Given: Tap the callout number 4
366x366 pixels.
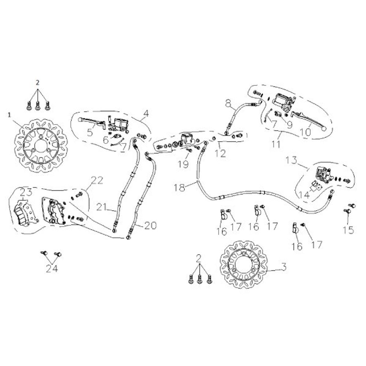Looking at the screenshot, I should click(146, 114).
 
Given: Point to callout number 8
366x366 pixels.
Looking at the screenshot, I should click(228, 104).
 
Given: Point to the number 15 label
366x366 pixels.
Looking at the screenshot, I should click(348, 230).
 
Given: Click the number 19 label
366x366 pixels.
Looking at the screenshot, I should click(184, 164).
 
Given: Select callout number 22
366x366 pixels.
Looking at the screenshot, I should click(97, 180).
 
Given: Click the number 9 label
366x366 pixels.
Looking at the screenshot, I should click(289, 124).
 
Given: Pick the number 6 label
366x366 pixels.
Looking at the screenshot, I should click(105, 140).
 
